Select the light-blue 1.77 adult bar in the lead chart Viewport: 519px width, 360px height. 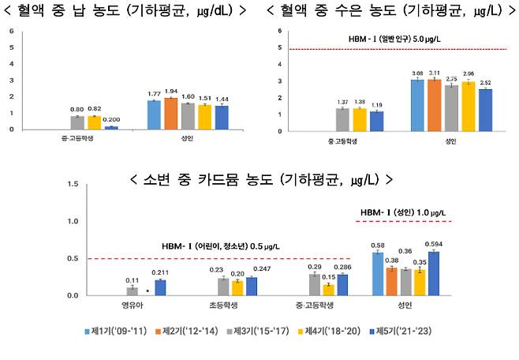(154, 114)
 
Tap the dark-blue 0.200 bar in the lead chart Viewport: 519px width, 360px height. (111, 127)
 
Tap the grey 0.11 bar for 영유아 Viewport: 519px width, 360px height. (132, 291)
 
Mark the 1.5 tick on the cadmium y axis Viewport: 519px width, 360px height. (72, 185)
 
